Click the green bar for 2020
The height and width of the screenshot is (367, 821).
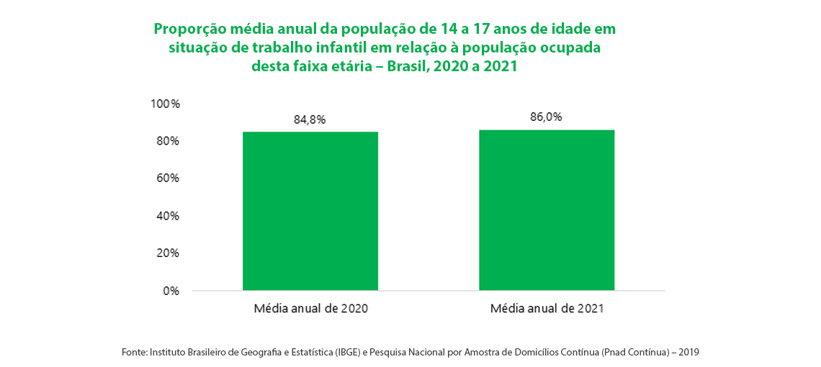(310, 211)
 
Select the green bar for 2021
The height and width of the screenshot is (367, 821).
(547, 210)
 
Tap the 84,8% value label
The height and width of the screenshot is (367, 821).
(310, 119)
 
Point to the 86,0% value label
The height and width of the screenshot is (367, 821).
(546, 117)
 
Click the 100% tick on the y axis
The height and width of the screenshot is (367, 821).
(165, 104)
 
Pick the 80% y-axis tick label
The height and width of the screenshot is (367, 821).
(167, 141)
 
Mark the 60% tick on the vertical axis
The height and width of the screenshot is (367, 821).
(167, 178)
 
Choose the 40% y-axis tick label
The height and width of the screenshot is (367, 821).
(167, 216)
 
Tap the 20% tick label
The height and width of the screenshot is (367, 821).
(167, 253)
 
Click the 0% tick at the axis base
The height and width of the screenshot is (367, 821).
(171, 291)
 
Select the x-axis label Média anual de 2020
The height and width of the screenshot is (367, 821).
(310, 309)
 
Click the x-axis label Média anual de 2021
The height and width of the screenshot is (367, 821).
(547, 309)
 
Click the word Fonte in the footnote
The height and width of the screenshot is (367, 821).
(134, 353)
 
